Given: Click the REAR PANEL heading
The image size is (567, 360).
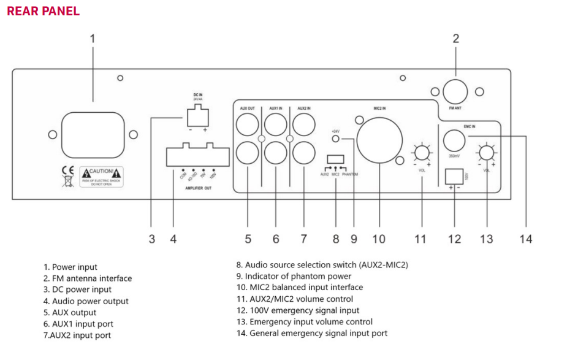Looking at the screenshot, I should pos(43,11).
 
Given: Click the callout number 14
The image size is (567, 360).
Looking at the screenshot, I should pos(525,239).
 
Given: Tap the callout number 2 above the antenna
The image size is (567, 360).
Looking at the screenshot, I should pos(455,39).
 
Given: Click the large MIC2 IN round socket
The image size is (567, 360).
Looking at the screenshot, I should pos(378,140).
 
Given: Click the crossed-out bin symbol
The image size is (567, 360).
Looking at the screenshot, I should pos(69,182).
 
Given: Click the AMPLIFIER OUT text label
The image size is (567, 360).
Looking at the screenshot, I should pos(199,188).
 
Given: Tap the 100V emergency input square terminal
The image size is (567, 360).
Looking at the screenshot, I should pos(454,176).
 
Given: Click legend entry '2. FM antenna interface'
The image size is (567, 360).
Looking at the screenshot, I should pos(88,278).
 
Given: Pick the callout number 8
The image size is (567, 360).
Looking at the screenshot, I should pos(336,239).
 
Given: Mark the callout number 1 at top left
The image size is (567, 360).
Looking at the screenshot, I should pos(93,39).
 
